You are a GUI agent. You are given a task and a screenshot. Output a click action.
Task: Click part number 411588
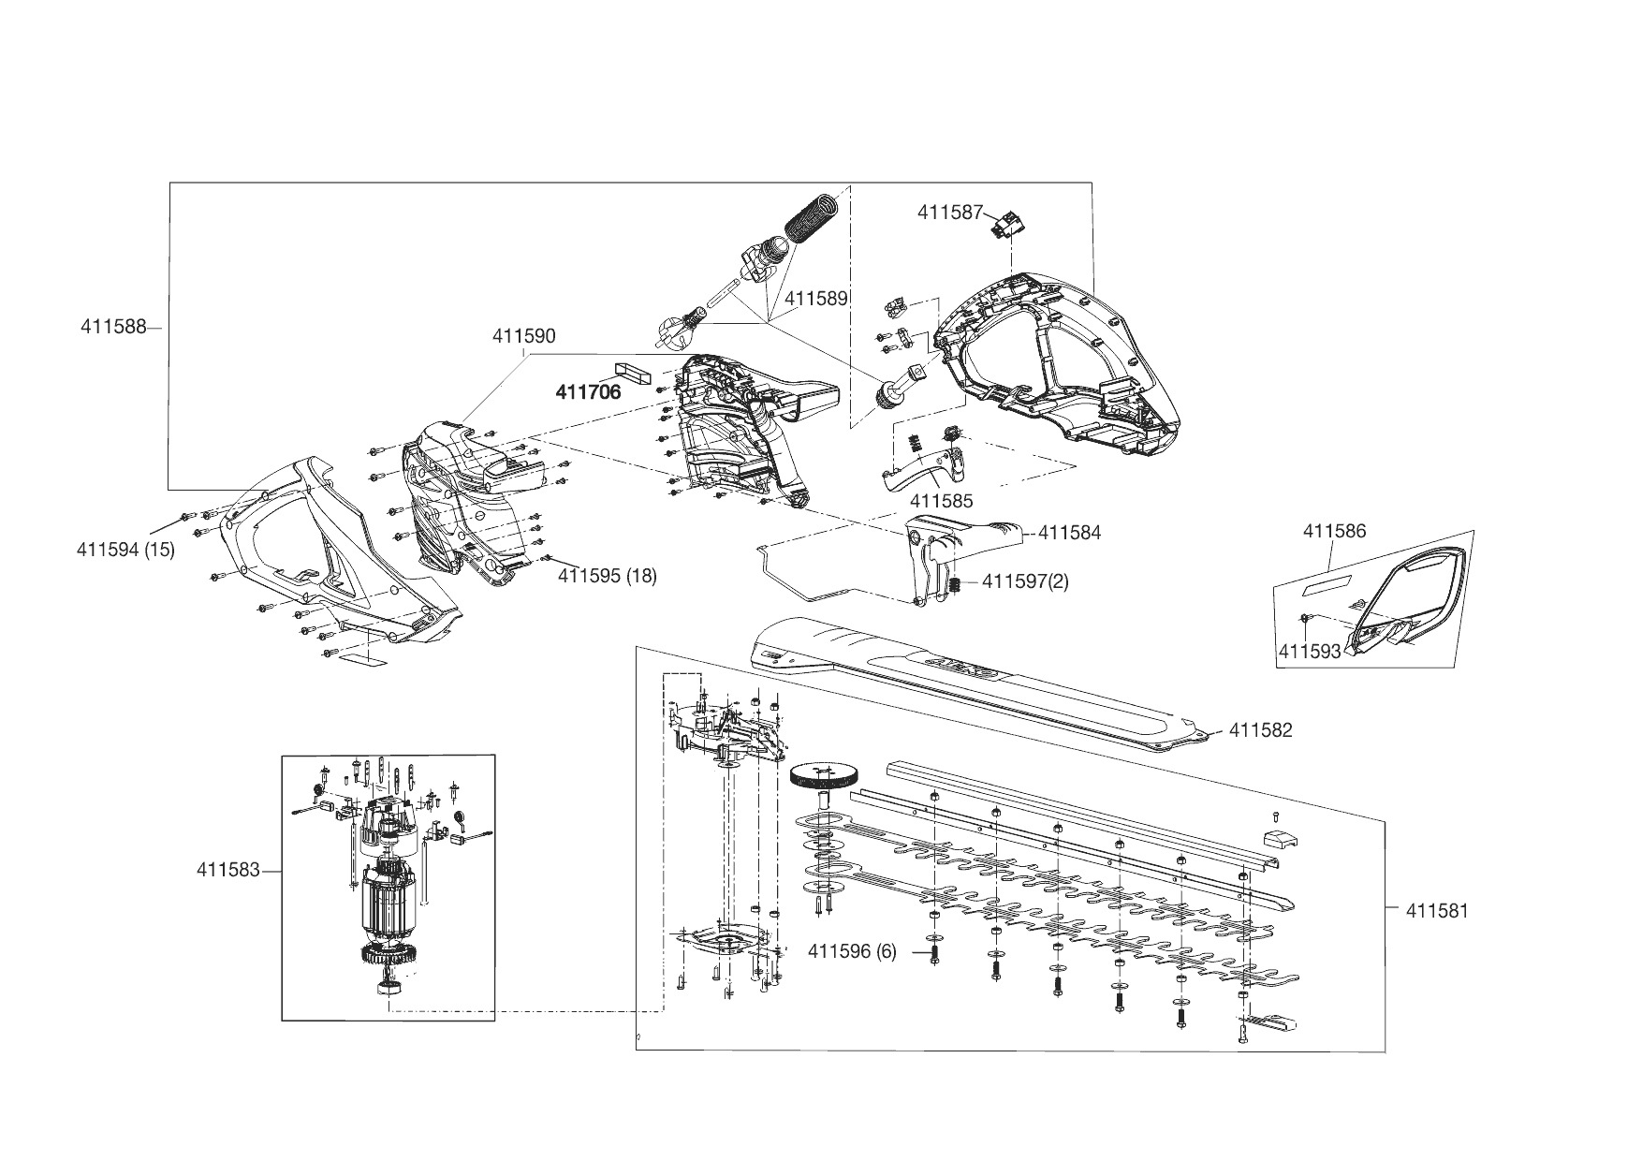point(113,328)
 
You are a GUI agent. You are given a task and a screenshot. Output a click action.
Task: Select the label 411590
point(523,337)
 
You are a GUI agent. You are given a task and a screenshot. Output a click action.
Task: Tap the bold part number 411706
point(588,392)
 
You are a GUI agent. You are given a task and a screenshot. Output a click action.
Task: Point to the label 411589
point(815,299)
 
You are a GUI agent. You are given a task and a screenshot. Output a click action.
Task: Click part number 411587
point(950,213)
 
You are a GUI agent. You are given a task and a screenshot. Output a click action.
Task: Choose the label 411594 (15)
point(125,550)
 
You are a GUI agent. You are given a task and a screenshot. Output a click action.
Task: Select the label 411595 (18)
point(607,576)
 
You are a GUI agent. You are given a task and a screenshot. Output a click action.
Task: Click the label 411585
point(941,502)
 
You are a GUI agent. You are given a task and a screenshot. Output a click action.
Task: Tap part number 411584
point(1069,533)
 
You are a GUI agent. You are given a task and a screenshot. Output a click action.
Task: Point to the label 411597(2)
point(1025,581)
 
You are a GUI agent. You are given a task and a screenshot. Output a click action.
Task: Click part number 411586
point(1334,532)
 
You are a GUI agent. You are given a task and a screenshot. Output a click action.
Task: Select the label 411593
point(1310,651)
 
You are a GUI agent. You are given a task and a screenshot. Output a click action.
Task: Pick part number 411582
point(1260,730)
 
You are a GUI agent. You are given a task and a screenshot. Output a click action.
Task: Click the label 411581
point(1437,910)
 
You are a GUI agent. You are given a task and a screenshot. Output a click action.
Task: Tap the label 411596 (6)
point(851,952)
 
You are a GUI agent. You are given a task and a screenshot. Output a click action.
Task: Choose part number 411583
point(227,870)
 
